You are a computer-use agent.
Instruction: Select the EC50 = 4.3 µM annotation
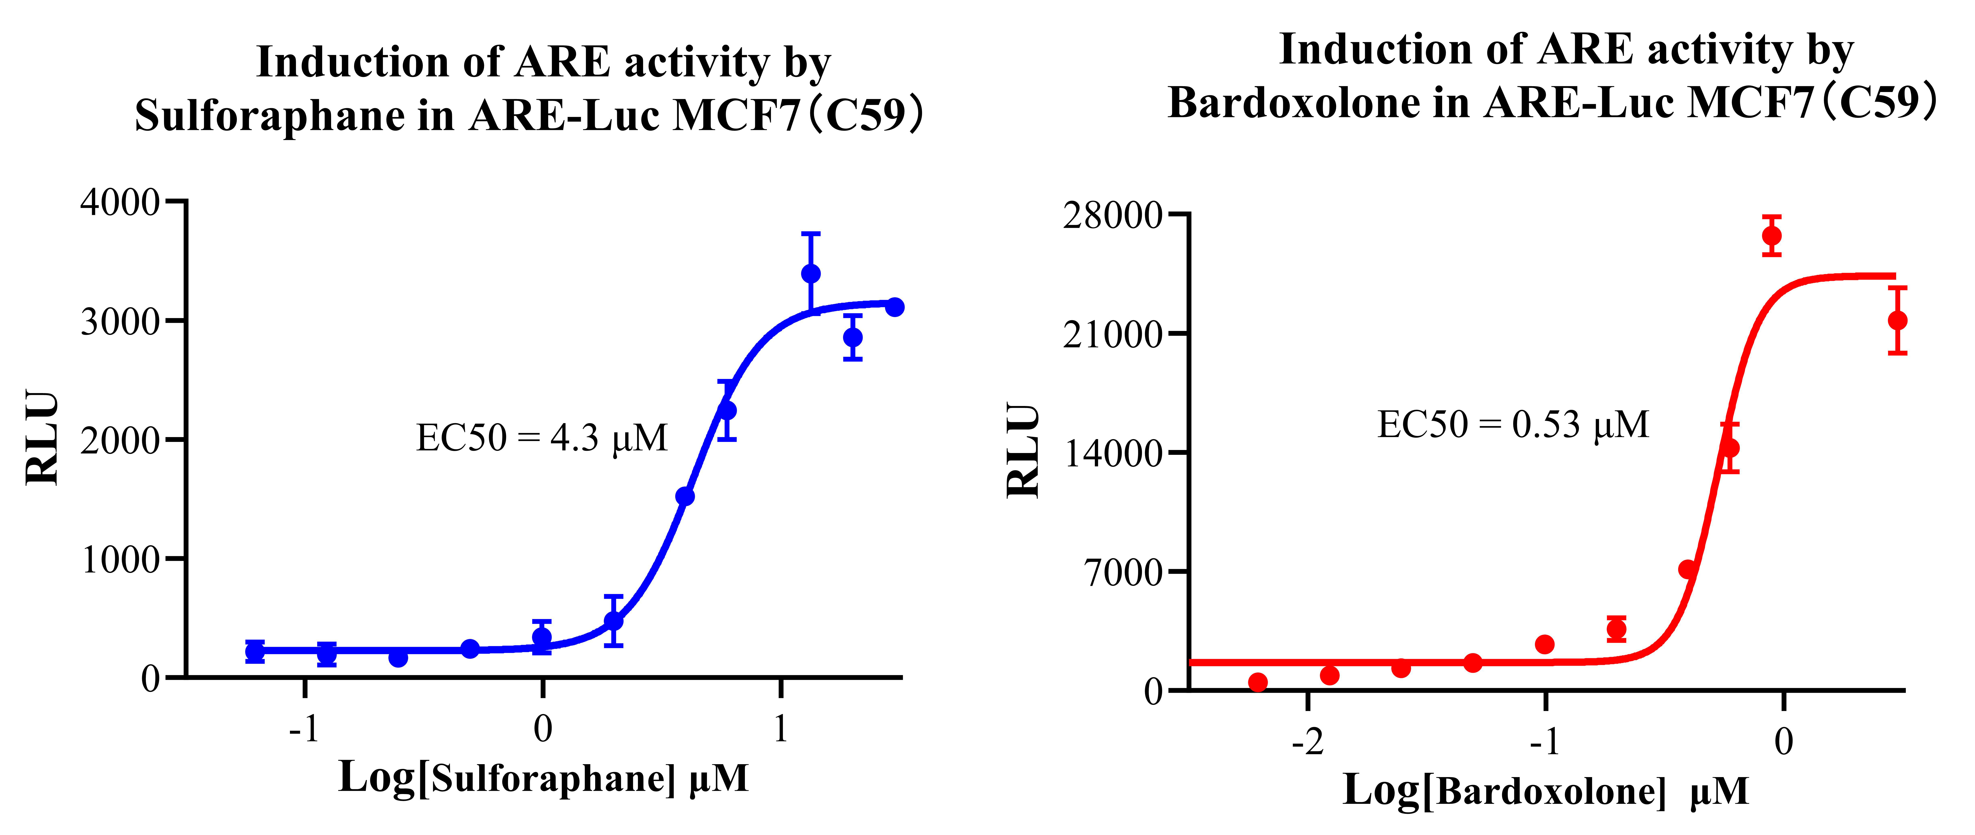coord(541,438)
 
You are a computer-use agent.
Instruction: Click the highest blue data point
coord(810,274)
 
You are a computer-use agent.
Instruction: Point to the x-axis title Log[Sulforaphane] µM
coord(543,778)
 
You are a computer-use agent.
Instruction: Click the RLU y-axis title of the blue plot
coord(42,438)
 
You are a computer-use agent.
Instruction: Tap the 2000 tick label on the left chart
coord(119,441)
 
